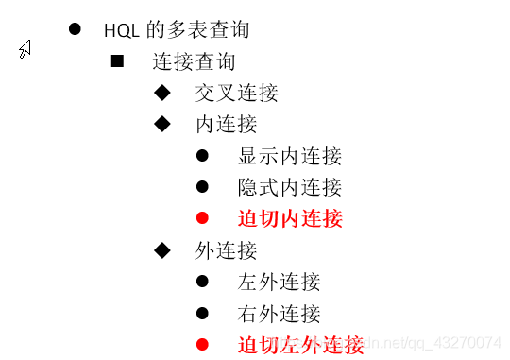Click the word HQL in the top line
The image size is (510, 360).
122,29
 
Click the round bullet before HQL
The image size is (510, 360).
75,27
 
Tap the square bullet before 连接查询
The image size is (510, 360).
118,61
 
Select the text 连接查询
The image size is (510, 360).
194,62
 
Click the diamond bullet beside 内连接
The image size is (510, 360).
161,123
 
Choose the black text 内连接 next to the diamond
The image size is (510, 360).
226,125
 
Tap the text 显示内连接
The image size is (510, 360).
289,156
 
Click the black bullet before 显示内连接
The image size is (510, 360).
202,155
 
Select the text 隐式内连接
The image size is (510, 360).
289,187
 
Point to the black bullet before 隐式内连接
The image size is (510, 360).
202,186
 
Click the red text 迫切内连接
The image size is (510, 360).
289,218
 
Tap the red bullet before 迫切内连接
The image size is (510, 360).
202,218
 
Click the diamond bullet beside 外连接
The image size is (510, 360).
161,249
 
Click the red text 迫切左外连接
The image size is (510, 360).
300,345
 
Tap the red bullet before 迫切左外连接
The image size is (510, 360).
202,344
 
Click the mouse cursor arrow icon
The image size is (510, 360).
25,48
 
